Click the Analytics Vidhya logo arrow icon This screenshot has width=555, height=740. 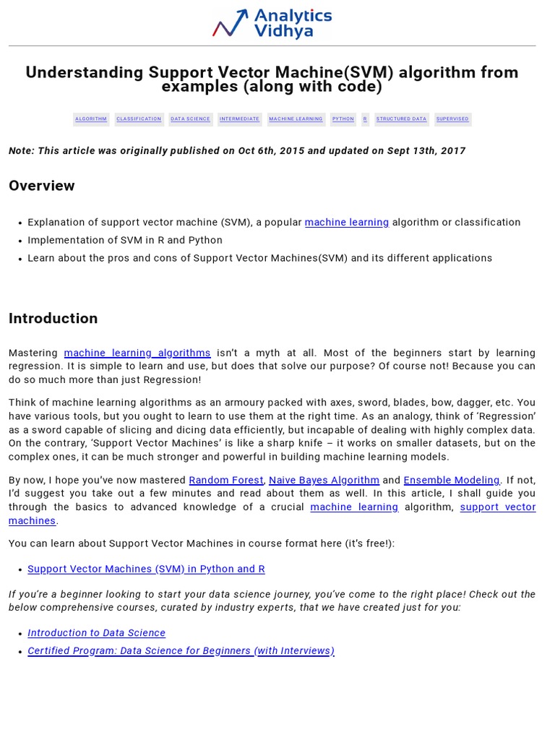231,23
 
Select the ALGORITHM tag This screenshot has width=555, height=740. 91,119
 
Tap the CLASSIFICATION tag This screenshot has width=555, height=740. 139,119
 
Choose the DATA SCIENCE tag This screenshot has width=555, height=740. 191,119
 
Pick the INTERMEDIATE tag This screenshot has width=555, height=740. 239,119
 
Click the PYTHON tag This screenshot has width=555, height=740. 343,119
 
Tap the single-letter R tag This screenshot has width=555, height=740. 365,119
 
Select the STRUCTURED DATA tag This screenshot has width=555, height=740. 401,119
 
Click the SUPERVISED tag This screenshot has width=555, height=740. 452,119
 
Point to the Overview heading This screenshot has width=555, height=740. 42,186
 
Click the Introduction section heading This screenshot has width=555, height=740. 53,319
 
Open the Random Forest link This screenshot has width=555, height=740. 226,481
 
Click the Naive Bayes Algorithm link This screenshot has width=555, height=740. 324,481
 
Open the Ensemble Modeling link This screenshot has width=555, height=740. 451,481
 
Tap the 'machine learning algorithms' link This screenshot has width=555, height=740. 137,353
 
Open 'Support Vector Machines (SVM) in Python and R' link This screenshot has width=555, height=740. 146,569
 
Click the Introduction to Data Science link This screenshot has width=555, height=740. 97,633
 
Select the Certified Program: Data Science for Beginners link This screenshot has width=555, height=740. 181,651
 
